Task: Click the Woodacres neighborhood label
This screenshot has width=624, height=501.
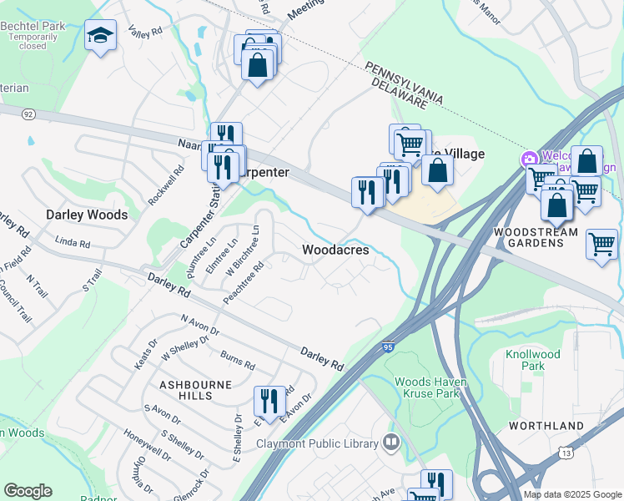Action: (335, 250)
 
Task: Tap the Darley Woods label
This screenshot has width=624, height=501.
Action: (87, 215)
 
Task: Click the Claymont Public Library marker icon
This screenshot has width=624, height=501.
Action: (390, 442)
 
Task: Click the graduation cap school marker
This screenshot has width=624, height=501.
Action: (100, 35)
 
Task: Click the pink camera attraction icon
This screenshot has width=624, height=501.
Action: (529, 159)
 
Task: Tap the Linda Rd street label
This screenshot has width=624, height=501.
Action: (72, 244)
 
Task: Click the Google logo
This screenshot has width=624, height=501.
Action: (28, 491)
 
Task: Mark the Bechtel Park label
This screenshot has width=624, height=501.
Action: (33, 26)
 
